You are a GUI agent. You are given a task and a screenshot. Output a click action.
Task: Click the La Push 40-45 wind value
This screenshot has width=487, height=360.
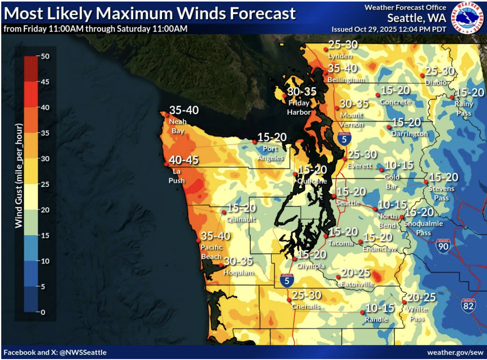(184, 160)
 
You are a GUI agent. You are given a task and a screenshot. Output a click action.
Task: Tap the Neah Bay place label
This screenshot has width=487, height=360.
(178, 126)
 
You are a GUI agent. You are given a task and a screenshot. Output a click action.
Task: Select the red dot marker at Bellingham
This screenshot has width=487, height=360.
(325, 72)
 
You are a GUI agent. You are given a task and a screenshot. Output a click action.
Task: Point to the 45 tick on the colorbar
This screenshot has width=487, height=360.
(45, 82)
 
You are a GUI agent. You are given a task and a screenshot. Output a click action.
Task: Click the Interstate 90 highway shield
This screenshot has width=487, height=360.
(443, 246)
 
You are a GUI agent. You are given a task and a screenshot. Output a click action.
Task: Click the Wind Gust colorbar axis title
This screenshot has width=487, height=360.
(19, 176)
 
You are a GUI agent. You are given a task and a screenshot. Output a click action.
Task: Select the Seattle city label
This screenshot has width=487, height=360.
(348, 203)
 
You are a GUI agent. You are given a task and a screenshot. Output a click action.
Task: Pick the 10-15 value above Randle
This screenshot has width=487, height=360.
(380, 308)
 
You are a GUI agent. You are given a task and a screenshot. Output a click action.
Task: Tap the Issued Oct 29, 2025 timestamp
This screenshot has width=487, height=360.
(388, 29)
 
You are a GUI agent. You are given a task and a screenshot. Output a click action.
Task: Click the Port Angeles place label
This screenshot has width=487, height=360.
(270, 153)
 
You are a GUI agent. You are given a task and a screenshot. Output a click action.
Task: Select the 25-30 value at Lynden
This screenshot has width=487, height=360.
(343, 45)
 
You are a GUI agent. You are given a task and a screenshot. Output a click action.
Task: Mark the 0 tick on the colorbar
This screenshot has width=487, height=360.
(43, 312)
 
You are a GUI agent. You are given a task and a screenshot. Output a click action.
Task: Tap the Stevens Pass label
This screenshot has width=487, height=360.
(441, 193)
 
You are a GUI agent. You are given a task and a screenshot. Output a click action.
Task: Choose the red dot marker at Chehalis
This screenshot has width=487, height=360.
(289, 300)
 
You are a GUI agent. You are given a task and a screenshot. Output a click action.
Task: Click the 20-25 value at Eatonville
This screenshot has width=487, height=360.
(356, 273)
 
